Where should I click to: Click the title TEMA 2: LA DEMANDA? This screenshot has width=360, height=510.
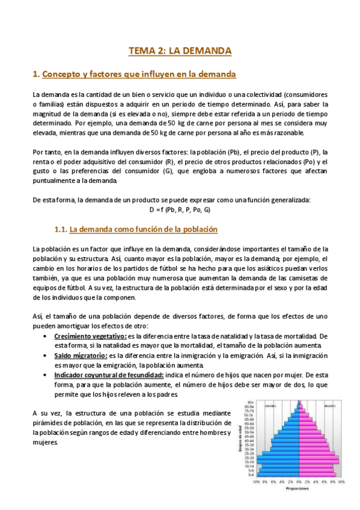coord(180,51)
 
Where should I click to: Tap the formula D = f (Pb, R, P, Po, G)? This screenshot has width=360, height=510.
coord(180,210)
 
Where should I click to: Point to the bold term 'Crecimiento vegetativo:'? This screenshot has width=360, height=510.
coord(90,336)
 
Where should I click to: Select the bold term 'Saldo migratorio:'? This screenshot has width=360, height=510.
coord(82,355)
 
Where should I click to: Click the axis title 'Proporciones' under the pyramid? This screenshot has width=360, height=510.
coord(297,488)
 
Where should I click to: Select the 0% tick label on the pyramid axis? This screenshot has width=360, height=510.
coord(299,482)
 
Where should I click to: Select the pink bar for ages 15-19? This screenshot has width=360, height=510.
coord(319,462)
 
